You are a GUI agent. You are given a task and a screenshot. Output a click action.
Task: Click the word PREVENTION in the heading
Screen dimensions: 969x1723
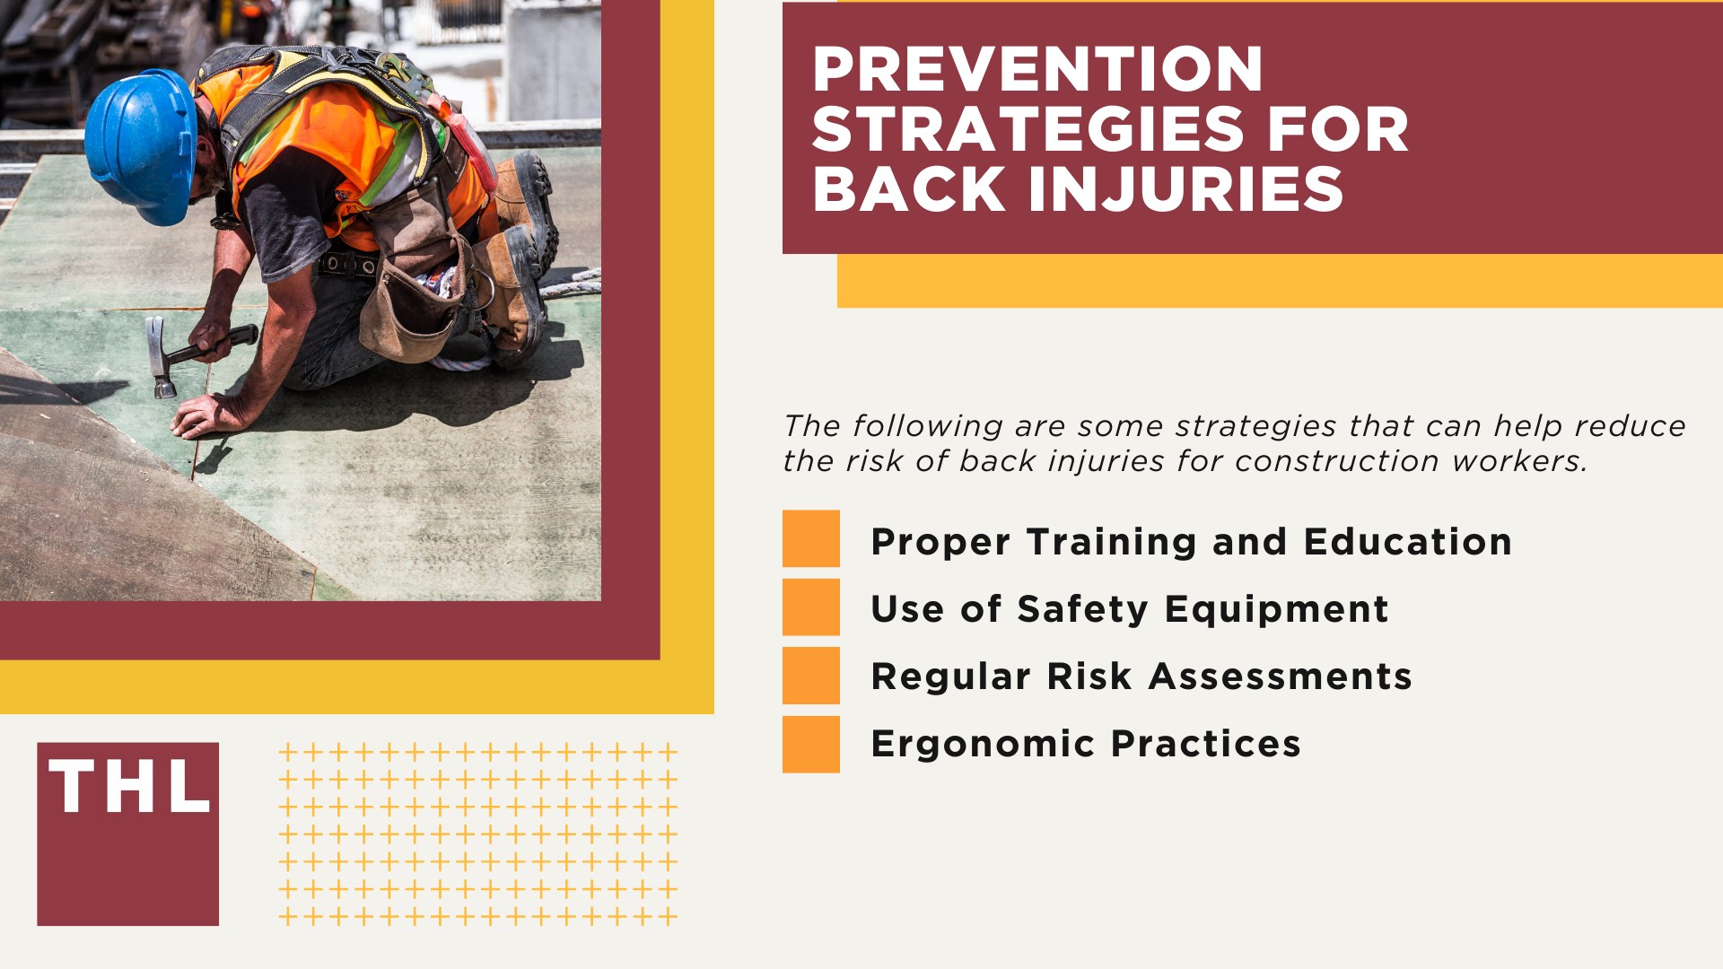[x=1037, y=70]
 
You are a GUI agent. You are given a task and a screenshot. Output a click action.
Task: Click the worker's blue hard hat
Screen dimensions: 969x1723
[x=141, y=144]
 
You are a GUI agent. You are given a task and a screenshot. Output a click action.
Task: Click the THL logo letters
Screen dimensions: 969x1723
[x=129, y=788]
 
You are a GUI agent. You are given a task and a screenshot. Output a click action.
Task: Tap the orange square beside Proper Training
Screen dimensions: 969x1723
[x=810, y=539]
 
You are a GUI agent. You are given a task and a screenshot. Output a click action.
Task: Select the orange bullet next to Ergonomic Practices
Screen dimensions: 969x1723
[x=810, y=745]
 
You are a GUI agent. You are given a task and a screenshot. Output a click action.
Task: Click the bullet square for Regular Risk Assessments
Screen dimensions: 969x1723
[x=810, y=676]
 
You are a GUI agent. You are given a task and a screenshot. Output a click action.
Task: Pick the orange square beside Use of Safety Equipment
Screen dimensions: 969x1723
[x=810, y=607]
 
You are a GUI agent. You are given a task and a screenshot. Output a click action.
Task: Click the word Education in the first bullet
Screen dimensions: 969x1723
[x=1407, y=542]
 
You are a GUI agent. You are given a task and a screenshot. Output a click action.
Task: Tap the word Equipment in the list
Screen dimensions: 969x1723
[x=1276, y=610]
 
